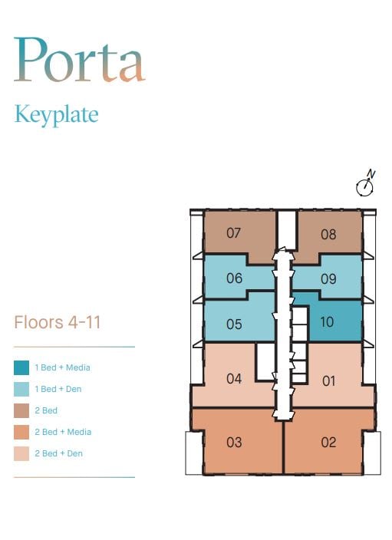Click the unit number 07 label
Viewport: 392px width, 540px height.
[233, 233]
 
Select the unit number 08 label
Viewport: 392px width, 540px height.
[328, 235]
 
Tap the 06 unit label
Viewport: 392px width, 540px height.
[234, 278]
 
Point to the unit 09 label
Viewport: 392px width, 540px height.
[328, 279]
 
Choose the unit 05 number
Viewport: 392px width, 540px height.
[234, 324]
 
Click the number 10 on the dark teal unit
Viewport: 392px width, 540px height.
[327, 322]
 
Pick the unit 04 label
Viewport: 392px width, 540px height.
[234, 379]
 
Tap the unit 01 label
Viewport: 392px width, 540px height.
[328, 381]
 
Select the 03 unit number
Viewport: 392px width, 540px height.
[234, 442]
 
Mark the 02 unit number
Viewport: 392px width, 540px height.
[328, 442]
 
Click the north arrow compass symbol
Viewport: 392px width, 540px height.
[365, 183]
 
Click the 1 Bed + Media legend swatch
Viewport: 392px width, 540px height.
[21, 367]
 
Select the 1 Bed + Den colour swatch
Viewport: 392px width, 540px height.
[21, 389]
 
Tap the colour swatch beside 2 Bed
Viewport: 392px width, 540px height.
[21, 410]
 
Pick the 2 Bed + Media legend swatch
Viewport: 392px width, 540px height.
[21, 432]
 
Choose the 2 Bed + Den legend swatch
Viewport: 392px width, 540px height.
[21, 453]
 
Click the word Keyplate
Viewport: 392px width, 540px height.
[57, 115]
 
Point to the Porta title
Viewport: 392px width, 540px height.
[79, 59]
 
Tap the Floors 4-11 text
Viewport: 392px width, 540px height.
[58, 322]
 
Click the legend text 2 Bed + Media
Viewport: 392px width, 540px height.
[63, 432]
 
